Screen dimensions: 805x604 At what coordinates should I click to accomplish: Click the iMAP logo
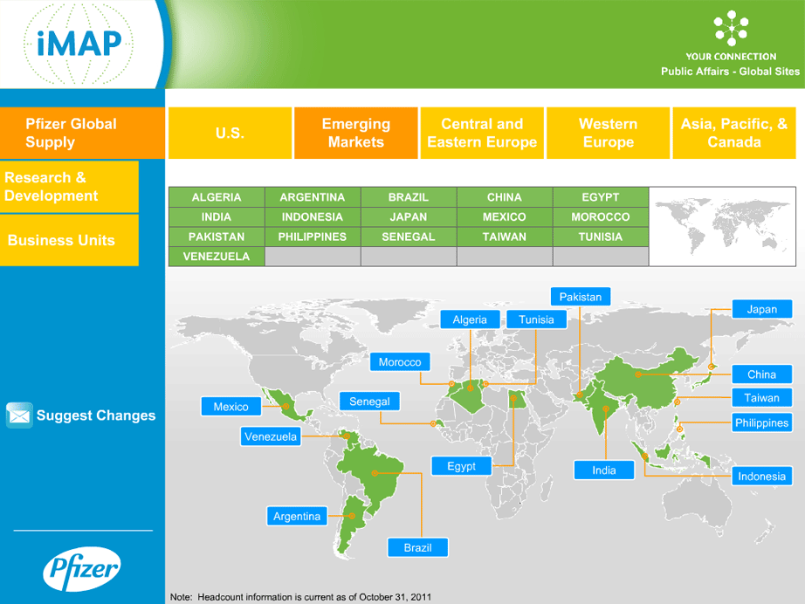[79, 44]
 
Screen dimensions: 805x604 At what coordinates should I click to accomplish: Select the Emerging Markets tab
[355, 133]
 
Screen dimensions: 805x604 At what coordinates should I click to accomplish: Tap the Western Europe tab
[608, 133]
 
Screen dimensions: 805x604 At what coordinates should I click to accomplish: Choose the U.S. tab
[230, 133]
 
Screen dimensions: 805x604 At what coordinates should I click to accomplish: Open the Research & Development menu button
[69, 187]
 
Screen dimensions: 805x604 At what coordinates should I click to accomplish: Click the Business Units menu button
[69, 240]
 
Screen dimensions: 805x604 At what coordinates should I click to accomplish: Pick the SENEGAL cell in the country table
[408, 237]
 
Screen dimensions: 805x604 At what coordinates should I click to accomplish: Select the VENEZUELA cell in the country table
[217, 257]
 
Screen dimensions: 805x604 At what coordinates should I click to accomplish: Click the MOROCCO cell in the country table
[600, 217]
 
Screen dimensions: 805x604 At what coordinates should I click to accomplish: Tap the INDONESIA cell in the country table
[313, 217]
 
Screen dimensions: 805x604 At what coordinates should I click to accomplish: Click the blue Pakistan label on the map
[581, 297]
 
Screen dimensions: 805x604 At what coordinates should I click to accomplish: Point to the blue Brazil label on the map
[418, 547]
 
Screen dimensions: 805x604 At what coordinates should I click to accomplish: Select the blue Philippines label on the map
[762, 422]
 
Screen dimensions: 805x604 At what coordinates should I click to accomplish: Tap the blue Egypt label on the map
[462, 466]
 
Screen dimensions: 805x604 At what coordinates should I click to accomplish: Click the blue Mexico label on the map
[231, 407]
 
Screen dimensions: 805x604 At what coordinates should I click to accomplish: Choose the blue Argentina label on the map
[297, 516]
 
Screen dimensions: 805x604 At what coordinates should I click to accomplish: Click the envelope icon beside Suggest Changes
[19, 415]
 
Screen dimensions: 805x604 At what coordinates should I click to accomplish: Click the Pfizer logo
[81, 569]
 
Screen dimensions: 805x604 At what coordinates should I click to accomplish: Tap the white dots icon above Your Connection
[731, 28]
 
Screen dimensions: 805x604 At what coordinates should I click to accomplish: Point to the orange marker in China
[638, 374]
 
